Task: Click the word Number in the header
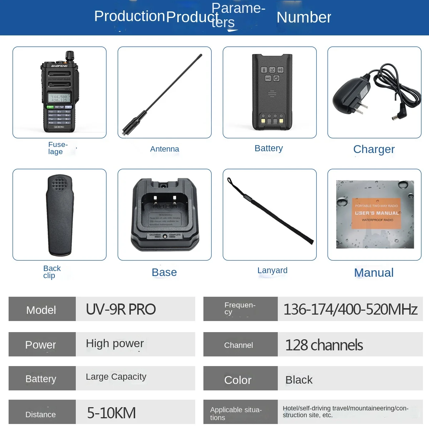coord(304,17)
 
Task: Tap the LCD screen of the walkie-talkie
coord(59,98)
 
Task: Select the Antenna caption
coord(164,149)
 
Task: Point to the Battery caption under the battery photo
coord(268,148)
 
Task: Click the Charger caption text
coord(374,149)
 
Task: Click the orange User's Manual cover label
coord(376,213)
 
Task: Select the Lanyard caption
coord(272,270)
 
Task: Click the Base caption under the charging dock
coord(164,272)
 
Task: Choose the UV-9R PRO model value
coord(121,309)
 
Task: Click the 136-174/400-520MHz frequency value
coord(350,309)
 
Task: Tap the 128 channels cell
coord(324,345)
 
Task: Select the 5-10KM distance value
coord(112,413)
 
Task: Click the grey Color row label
coord(238,380)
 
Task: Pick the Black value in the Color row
coord(299,380)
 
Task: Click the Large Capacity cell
coord(116,377)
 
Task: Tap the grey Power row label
coord(41,345)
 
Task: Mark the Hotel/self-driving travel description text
coord(345,411)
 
